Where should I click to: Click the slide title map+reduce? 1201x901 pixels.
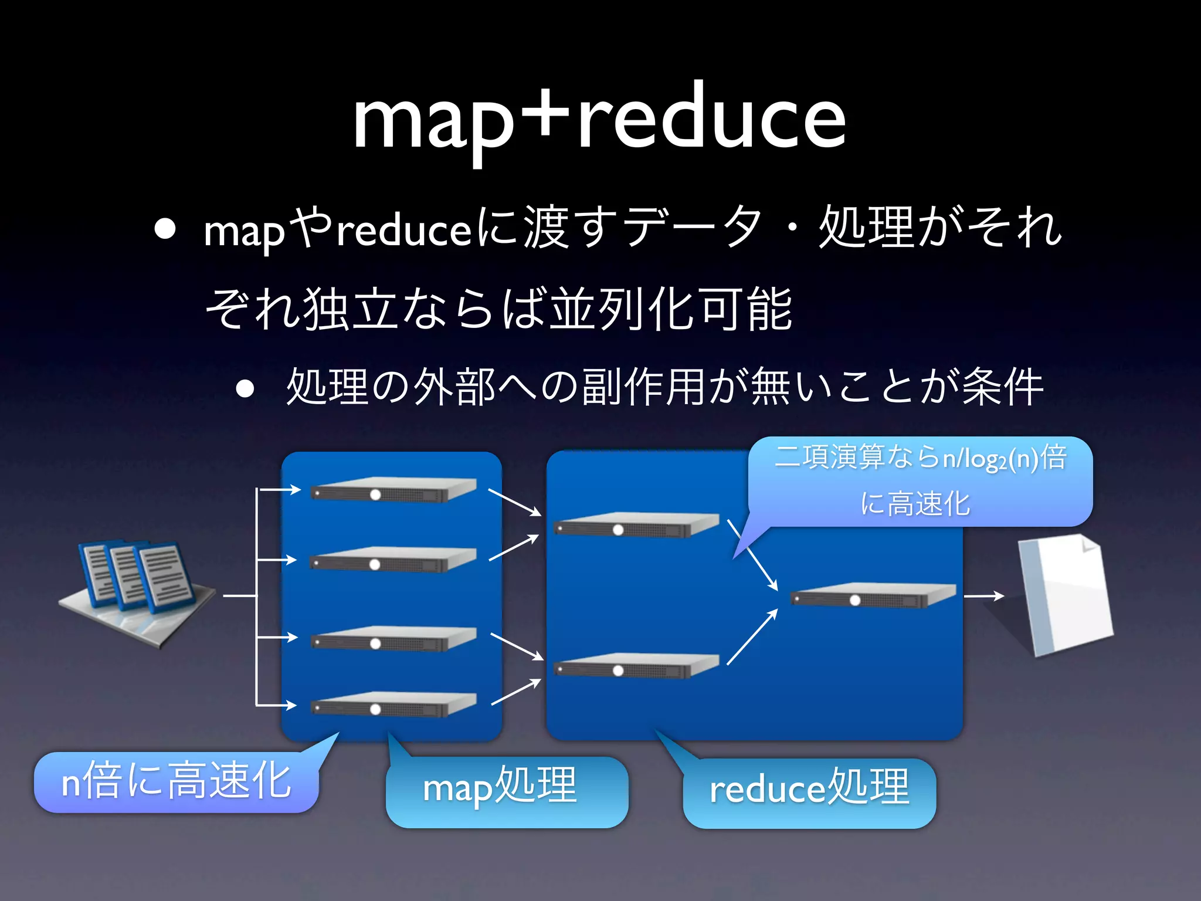pos(599,117)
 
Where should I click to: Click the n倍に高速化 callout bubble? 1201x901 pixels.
pos(176,782)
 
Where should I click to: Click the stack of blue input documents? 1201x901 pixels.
pos(137,587)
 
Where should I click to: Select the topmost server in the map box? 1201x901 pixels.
pos(393,489)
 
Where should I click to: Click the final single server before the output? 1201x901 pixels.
pos(873,595)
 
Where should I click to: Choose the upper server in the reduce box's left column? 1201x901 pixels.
pos(636,524)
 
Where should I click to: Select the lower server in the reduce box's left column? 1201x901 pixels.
pos(636,665)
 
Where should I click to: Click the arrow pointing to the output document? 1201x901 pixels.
pos(984,596)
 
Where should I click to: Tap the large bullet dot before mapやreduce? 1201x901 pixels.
pos(165,230)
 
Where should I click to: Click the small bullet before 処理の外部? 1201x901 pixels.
pos(245,388)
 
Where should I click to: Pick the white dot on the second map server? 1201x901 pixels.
pos(375,564)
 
